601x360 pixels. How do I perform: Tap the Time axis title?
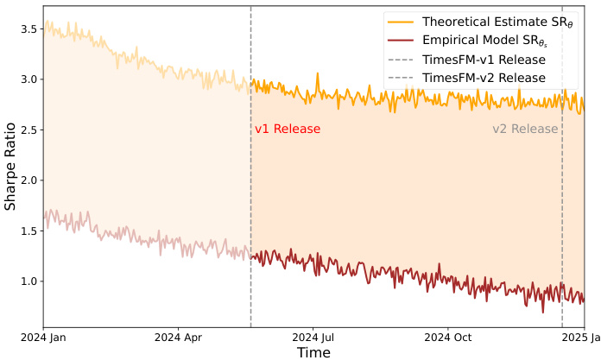coord(313,352)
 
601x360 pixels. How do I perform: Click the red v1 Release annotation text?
coord(288,129)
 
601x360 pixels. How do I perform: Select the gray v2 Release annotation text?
coord(525,129)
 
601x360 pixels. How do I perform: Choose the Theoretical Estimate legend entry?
coord(484,22)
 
